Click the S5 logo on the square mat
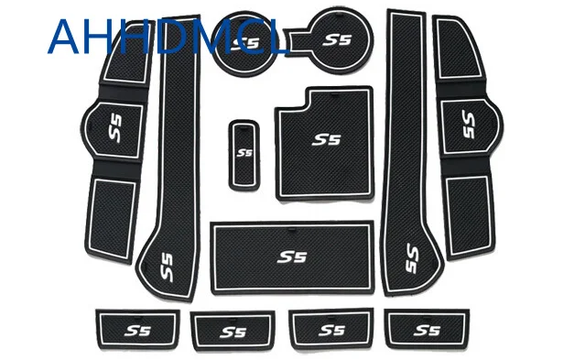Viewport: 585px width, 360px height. pos(324,140)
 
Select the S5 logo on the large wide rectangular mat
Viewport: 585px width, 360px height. pos(292,257)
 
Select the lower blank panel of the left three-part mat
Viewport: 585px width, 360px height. pos(114,207)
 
